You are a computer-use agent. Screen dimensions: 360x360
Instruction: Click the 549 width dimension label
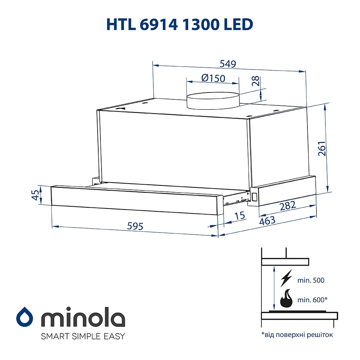pos(228,64)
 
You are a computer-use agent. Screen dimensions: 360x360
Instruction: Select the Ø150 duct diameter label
pos(213,78)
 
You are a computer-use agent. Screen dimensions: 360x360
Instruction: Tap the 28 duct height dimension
pos(256,81)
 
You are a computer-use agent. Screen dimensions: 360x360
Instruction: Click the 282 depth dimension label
pos(288,206)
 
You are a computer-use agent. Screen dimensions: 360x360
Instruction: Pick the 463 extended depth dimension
pos(267,220)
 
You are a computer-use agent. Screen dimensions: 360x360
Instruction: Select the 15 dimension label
pos(239,216)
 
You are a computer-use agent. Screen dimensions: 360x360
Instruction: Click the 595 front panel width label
pos(135,226)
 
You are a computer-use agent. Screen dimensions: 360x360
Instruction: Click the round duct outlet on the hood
pos(213,100)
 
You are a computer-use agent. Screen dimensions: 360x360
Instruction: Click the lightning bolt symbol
pos(286,279)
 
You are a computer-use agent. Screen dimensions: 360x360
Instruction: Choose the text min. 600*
pos(313,300)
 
